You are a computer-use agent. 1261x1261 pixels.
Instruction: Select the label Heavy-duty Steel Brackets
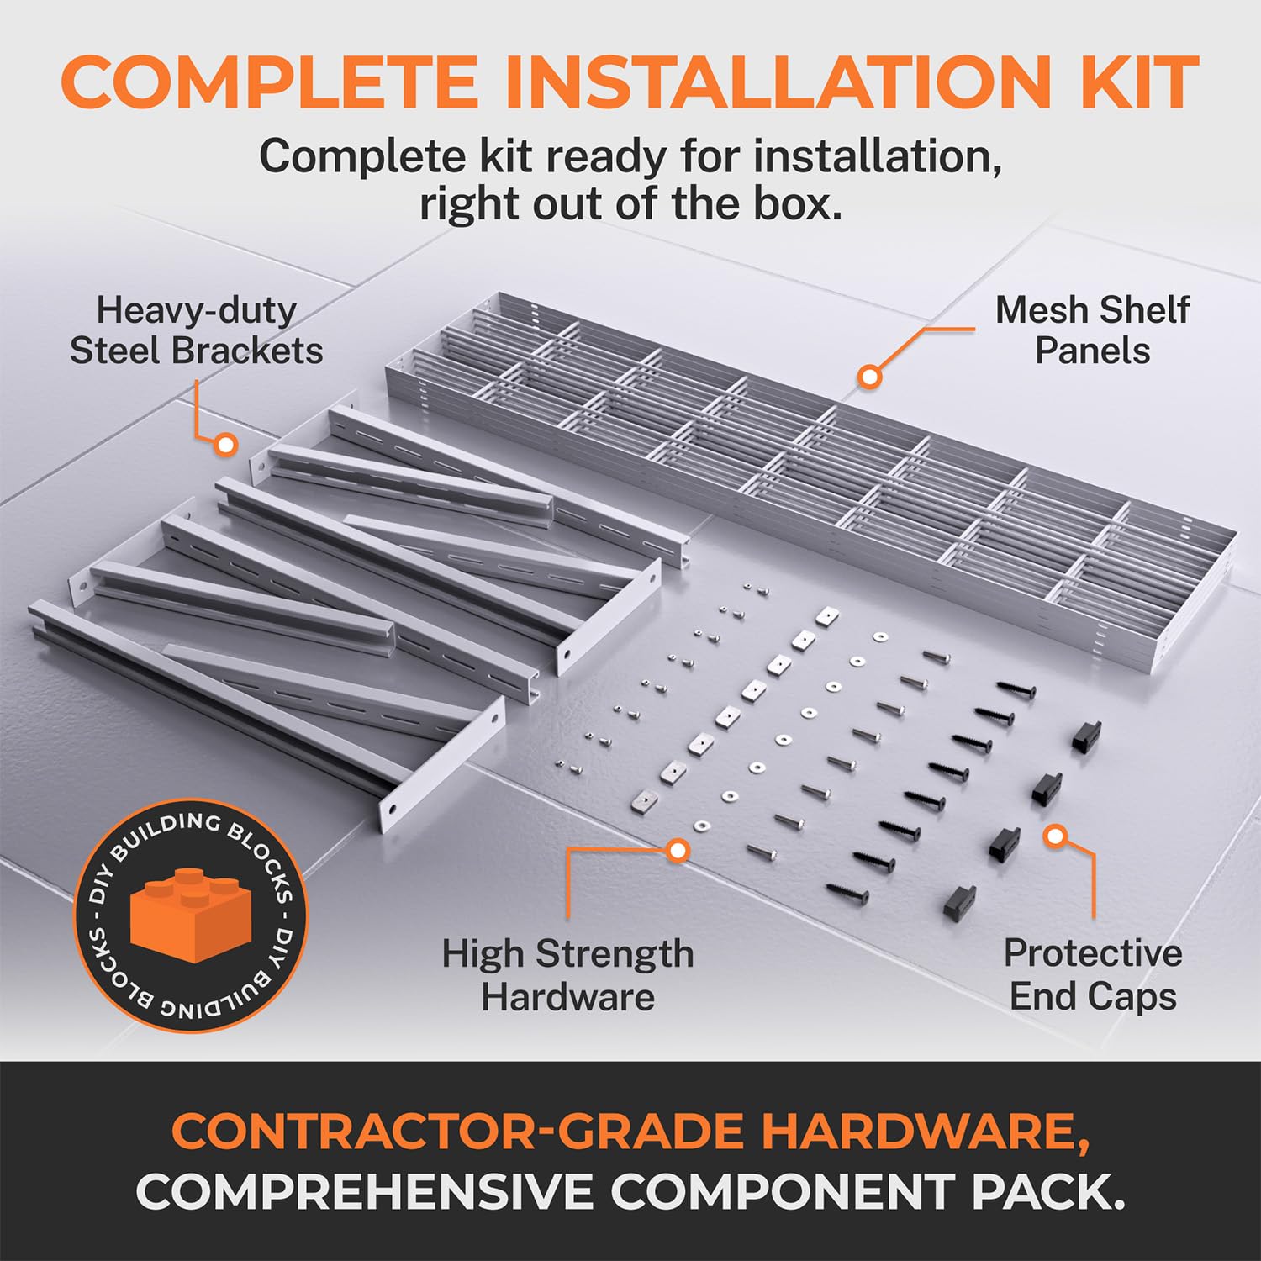click(x=196, y=330)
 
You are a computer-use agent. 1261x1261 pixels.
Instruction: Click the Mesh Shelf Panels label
click(x=1092, y=330)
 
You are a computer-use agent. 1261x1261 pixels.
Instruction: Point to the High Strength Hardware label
click(x=567, y=975)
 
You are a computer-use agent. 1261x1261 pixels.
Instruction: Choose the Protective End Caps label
click(x=1093, y=975)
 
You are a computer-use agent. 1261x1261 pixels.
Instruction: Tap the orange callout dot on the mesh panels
click(x=871, y=376)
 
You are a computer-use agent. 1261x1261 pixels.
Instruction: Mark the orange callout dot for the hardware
click(x=678, y=851)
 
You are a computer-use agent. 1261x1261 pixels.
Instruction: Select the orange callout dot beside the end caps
click(x=1056, y=836)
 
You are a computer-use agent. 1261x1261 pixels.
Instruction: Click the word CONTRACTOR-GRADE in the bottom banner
click(x=457, y=1132)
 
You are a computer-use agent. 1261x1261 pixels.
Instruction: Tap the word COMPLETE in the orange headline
click(x=269, y=82)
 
